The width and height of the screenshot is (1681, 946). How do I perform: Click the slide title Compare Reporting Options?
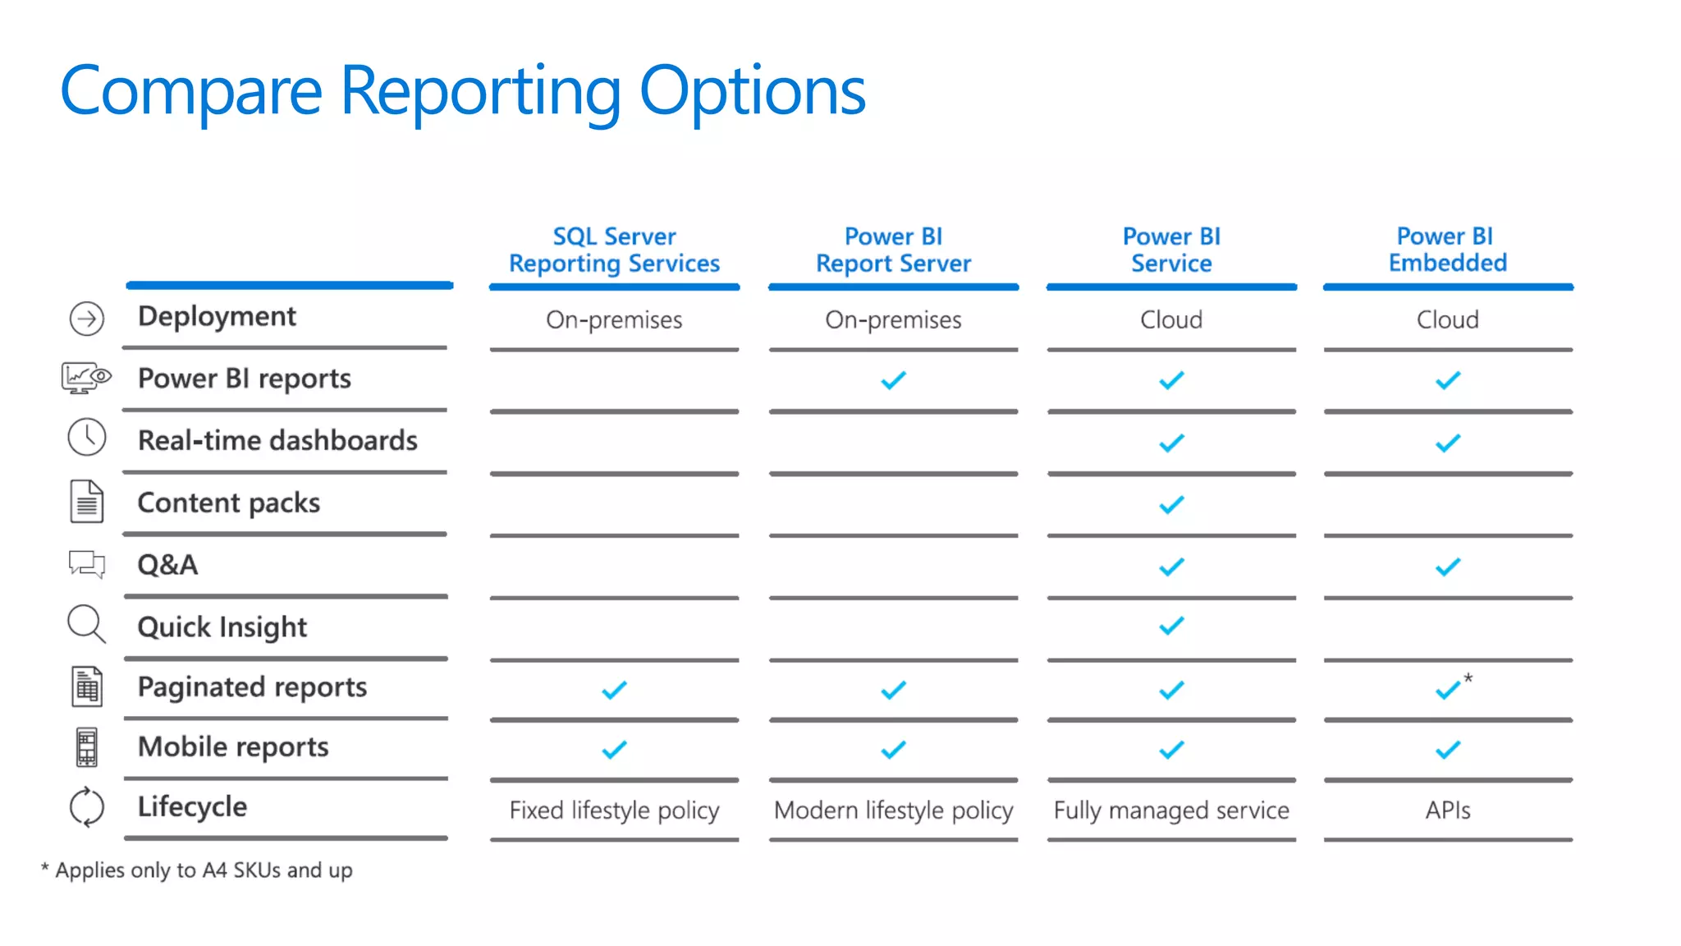(462, 90)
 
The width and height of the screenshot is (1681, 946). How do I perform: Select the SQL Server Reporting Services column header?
(614, 250)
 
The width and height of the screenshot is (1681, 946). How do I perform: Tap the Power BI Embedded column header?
(1447, 250)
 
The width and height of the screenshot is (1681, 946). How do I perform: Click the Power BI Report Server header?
(893, 250)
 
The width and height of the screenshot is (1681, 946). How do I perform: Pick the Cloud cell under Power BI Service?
(1170, 319)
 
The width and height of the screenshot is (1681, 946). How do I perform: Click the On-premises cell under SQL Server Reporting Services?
(614, 319)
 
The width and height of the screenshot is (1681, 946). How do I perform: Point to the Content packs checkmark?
(1171, 504)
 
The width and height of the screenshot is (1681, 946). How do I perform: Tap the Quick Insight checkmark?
(1171, 627)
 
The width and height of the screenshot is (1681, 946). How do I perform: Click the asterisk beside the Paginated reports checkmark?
(1468, 678)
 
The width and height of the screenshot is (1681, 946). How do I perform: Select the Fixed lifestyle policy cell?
(614, 811)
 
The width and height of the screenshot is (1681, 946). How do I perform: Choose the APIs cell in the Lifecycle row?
(1447, 811)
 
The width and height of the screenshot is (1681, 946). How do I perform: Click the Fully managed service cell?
(1171, 811)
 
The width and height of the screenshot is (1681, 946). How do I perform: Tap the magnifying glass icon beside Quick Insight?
(86, 625)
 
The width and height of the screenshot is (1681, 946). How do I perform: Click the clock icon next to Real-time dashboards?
(86, 437)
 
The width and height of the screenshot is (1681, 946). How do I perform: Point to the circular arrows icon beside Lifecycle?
(86, 807)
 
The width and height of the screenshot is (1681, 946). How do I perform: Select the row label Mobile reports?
(233, 747)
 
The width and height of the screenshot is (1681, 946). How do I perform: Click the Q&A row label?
(167, 565)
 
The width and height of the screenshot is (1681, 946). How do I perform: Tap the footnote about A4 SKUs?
(197, 870)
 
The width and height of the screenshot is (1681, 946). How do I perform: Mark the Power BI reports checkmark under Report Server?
(893, 380)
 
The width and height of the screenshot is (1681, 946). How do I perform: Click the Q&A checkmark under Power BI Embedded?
(1447, 567)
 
